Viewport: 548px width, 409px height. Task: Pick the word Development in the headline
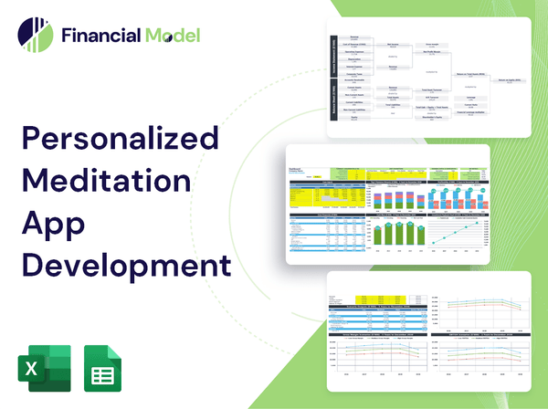[x=123, y=265]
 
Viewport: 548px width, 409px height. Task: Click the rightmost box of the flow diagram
[x=511, y=80]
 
